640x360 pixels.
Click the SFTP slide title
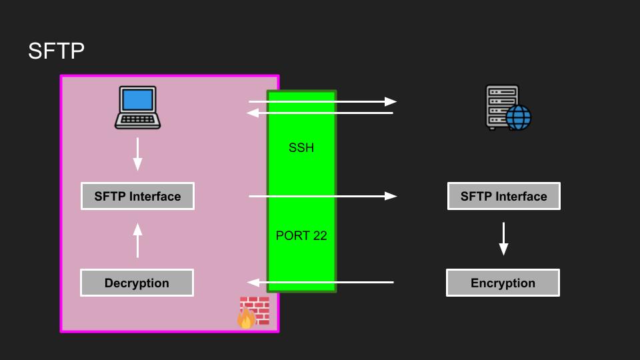click(56, 51)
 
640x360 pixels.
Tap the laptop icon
click(138, 107)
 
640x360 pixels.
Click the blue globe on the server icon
click(518, 118)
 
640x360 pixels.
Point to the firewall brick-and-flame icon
click(253, 312)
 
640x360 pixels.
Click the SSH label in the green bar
click(301, 148)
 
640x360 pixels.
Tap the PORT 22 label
click(301, 236)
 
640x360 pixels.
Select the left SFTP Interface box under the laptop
click(137, 196)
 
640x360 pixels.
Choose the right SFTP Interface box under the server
click(503, 196)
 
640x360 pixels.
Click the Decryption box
click(137, 283)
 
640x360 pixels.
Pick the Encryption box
click(503, 283)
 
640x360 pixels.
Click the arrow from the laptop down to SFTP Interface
click(138, 154)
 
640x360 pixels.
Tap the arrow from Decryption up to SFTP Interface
click(138, 240)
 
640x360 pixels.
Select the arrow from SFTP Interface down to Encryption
click(504, 239)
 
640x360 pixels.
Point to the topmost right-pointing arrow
click(323, 102)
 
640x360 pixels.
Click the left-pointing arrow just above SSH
click(320, 113)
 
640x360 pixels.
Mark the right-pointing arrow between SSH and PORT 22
click(323, 196)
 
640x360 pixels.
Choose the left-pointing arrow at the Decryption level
click(320, 283)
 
